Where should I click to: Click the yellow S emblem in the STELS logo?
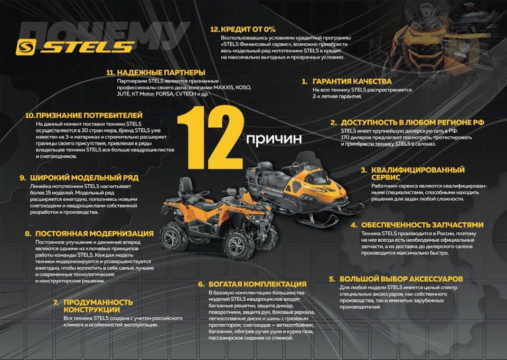[26, 48]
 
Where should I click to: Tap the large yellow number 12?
[210, 137]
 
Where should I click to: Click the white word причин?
[274, 139]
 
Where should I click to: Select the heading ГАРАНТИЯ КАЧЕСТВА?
[352, 81]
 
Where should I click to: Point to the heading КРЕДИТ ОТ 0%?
[248, 29]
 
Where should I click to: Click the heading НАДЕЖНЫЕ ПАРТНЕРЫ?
[161, 72]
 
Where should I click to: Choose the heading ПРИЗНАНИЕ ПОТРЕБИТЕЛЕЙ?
[89, 116]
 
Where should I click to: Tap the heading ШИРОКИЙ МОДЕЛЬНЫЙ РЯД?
[84, 178]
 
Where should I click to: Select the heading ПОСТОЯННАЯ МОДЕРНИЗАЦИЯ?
[95, 233]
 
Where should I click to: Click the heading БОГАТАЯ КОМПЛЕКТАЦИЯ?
[257, 284]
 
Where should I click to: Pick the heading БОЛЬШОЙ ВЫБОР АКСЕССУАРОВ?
[401, 279]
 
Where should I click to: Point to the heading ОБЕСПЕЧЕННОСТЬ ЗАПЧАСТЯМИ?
[422, 225]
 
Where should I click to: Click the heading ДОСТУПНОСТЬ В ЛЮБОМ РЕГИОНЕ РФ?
[412, 122]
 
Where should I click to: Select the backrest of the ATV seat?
[186, 186]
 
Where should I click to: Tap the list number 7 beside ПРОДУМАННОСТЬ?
[56, 302]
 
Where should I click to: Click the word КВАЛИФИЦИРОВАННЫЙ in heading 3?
[418, 170]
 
